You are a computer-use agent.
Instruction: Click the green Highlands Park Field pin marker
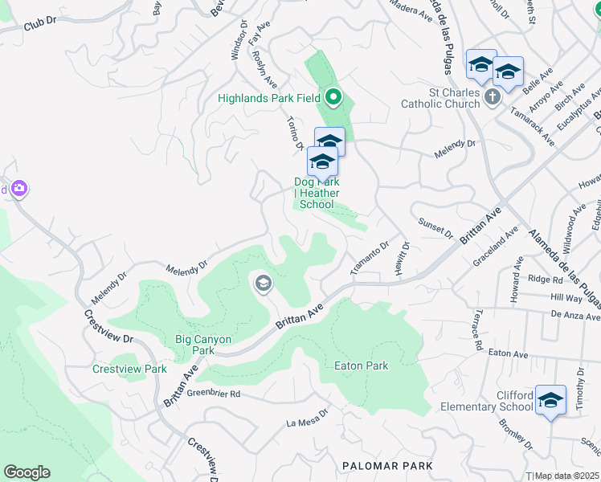pos(333,99)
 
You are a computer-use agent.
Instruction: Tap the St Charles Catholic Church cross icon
pos(493,97)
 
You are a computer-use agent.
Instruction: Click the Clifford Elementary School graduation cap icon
pos(550,401)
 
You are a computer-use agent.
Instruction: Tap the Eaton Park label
pos(361,366)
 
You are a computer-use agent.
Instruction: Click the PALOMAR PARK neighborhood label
pos(387,466)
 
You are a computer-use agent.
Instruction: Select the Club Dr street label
pos(43,25)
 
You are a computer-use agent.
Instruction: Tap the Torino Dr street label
pos(294,132)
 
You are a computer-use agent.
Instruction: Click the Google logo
pos(27,472)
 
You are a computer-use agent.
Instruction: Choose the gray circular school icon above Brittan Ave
pos(263,283)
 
